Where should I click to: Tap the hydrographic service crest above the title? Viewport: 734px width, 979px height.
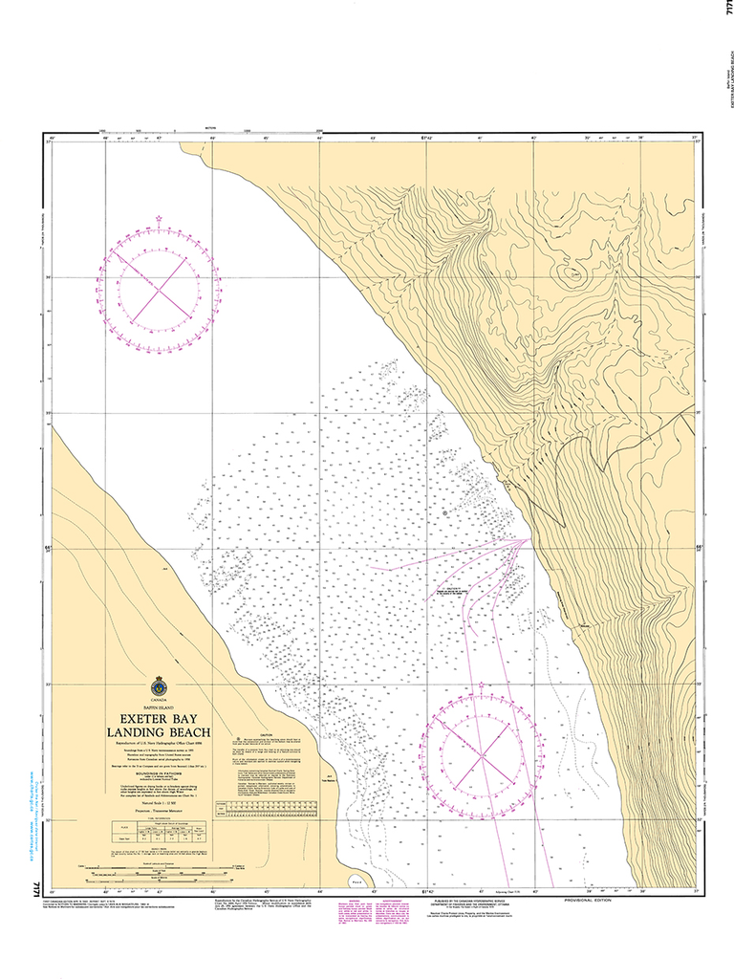159,686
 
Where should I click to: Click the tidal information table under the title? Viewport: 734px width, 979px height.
157,829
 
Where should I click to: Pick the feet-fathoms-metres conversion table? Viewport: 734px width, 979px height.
271,807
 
